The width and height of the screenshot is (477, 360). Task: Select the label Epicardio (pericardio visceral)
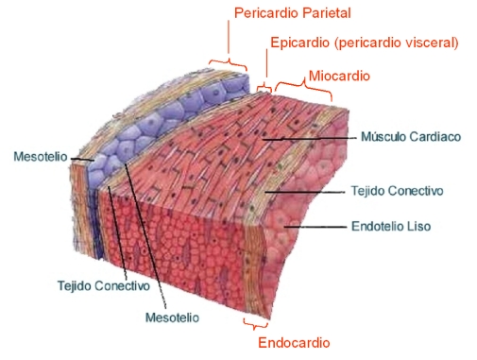[364, 43]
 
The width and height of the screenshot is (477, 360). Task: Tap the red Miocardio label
[339, 74]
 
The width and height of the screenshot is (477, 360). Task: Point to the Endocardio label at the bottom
[294, 342]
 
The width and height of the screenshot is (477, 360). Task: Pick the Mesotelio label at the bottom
[171, 317]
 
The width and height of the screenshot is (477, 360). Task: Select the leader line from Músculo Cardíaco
[312, 137]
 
